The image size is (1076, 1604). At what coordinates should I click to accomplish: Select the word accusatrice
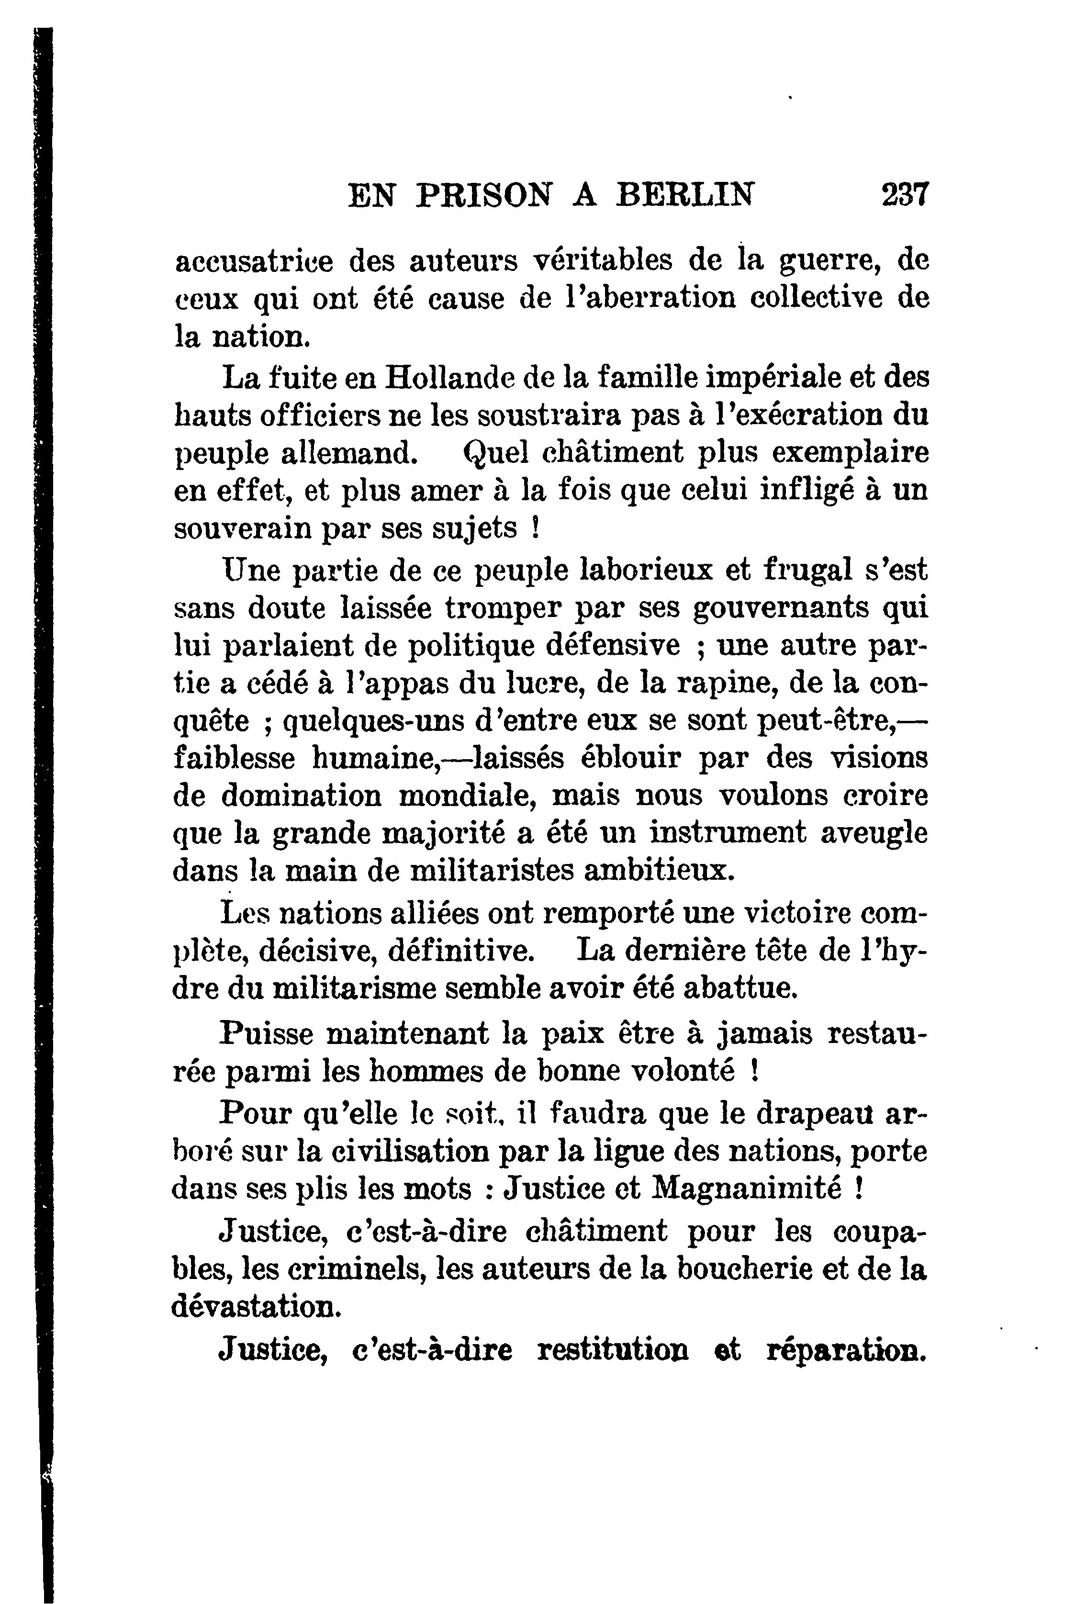[254, 261]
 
